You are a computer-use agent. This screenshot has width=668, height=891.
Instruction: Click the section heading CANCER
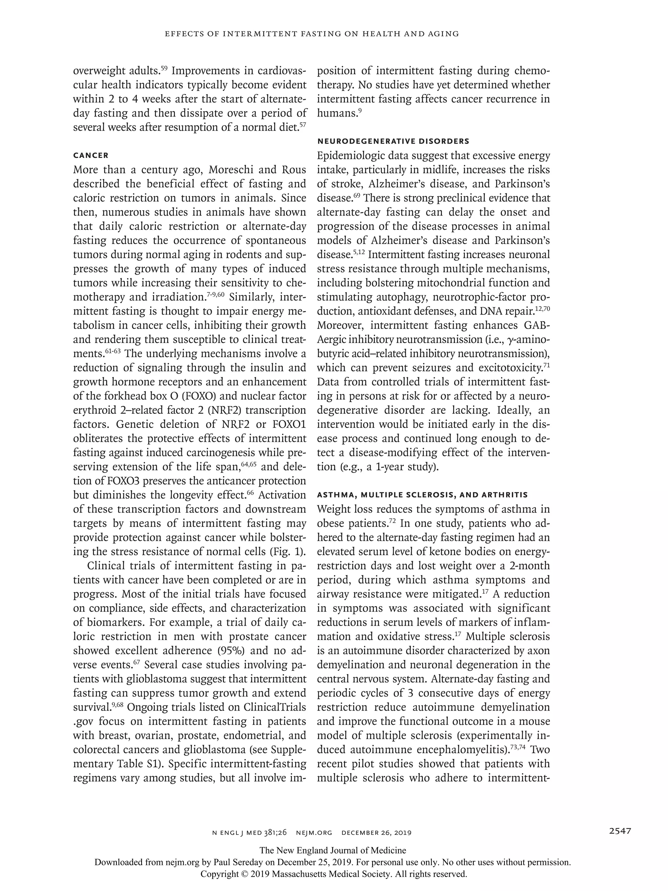91,155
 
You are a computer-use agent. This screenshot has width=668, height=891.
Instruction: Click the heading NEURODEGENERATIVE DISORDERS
393,141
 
